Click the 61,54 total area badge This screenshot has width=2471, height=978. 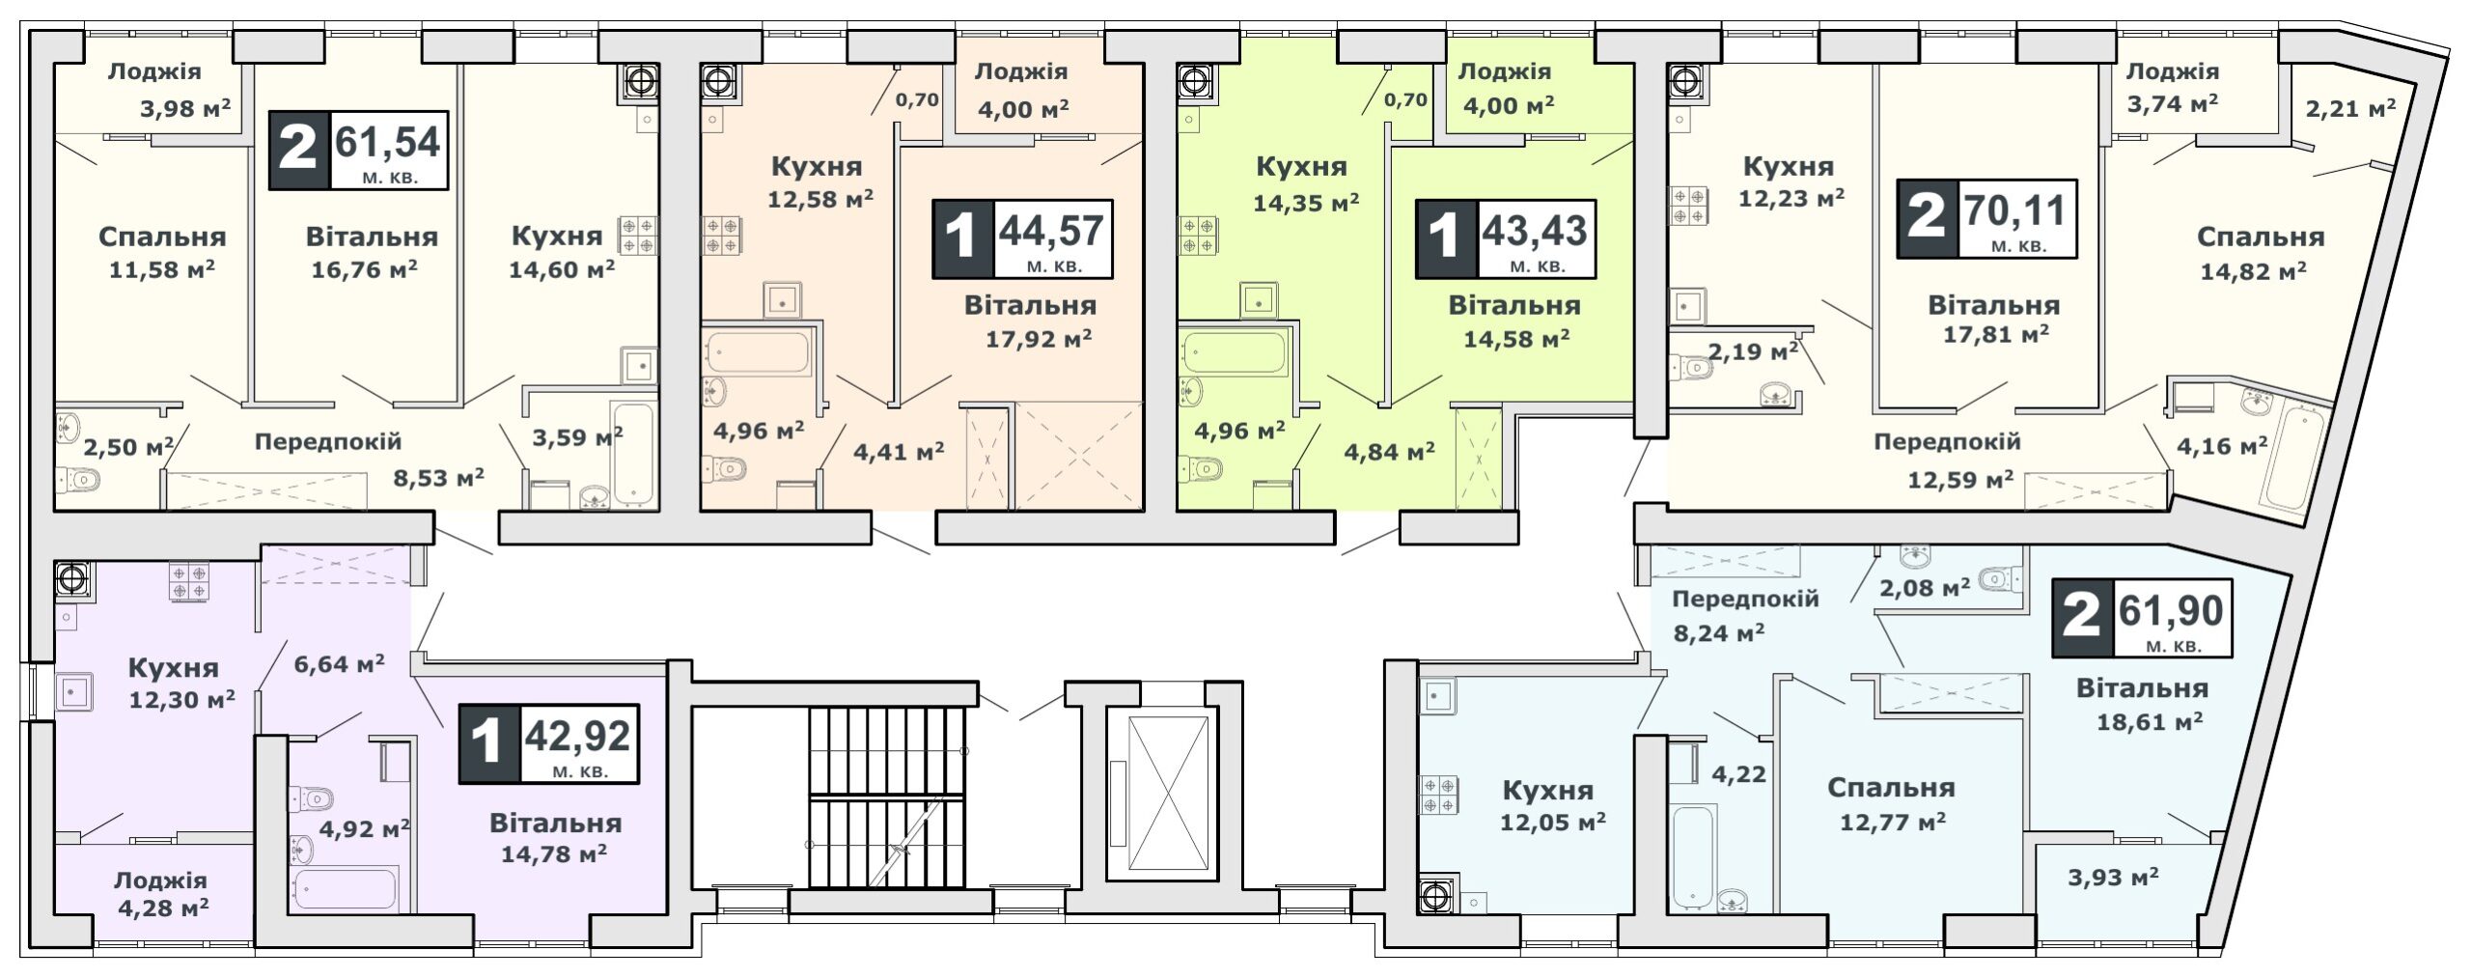click(358, 151)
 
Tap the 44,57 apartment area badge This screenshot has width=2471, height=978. click(1022, 238)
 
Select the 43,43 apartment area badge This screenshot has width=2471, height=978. click(1505, 238)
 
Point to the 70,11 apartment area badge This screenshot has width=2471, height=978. click(1987, 218)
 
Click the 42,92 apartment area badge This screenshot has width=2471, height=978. click(548, 743)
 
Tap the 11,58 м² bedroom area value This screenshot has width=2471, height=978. click(162, 268)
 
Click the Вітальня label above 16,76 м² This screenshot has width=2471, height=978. click(372, 237)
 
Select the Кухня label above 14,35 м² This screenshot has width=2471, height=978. click(1301, 167)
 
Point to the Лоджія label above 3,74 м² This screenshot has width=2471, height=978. click(2173, 71)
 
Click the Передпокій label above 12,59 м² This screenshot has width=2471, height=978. click(1947, 442)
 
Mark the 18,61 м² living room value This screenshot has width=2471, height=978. click(2150, 721)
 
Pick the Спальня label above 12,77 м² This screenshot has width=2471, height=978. click(1891, 788)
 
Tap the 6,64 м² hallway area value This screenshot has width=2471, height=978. click(339, 663)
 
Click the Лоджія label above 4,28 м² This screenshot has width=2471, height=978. click(160, 880)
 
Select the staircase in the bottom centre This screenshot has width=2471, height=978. click(886, 796)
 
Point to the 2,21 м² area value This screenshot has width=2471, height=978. click(2349, 107)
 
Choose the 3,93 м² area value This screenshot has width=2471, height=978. click(2113, 878)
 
